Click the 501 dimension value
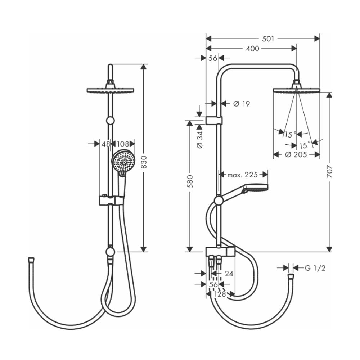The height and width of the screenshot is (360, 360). click(268, 39)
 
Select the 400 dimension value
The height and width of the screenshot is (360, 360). click(252, 49)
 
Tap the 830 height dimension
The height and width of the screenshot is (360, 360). click(144, 162)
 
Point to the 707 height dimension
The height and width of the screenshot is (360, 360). click(329, 171)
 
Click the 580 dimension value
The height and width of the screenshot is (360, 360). click(190, 181)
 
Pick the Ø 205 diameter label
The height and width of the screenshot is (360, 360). click(296, 154)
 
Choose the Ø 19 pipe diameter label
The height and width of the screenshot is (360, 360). click(242, 104)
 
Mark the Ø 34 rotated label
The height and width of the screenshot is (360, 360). click(200, 140)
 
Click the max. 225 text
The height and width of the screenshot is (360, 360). click(242, 175)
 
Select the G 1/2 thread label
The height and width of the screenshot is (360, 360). click(315, 268)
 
